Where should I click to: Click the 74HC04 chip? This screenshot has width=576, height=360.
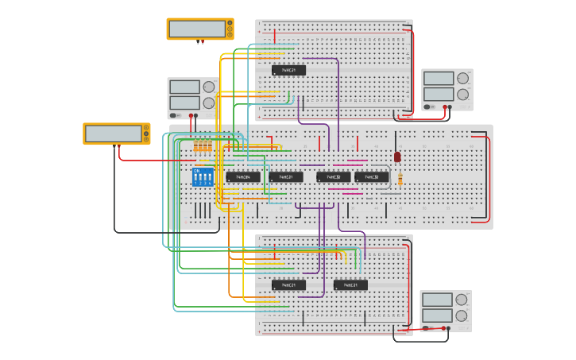pyautogui.click(x=242, y=177)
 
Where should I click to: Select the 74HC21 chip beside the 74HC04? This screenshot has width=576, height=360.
pyautogui.click(x=285, y=177)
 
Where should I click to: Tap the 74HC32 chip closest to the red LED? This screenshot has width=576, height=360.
pyautogui.click(x=372, y=177)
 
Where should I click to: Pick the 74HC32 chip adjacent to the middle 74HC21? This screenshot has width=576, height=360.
pyautogui.click(x=333, y=177)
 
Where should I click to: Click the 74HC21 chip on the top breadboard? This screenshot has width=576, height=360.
pyautogui.click(x=288, y=71)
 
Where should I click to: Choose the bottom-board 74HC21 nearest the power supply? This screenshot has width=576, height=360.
pyautogui.click(x=350, y=285)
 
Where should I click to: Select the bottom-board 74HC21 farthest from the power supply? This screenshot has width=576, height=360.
pyautogui.click(x=288, y=285)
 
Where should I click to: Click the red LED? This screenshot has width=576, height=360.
pyautogui.click(x=397, y=157)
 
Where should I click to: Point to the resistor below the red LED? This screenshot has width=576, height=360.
pyautogui.click(x=400, y=180)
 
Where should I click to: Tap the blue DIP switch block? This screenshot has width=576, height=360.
pyautogui.click(x=203, y=176)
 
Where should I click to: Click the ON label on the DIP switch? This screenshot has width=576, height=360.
pyautogui.click(x=196, y=170)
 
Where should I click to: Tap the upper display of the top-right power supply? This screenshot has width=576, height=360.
pyautogui.click(x=439, y=79)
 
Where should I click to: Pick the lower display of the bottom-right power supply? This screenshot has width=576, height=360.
pyautogui.click(x=437, y=315)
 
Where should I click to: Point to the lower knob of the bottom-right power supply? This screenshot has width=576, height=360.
pyautogui.click(x=461, y=315)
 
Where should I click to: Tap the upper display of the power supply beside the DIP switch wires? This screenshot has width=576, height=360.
pyautogui.click(x=184, y=87)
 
